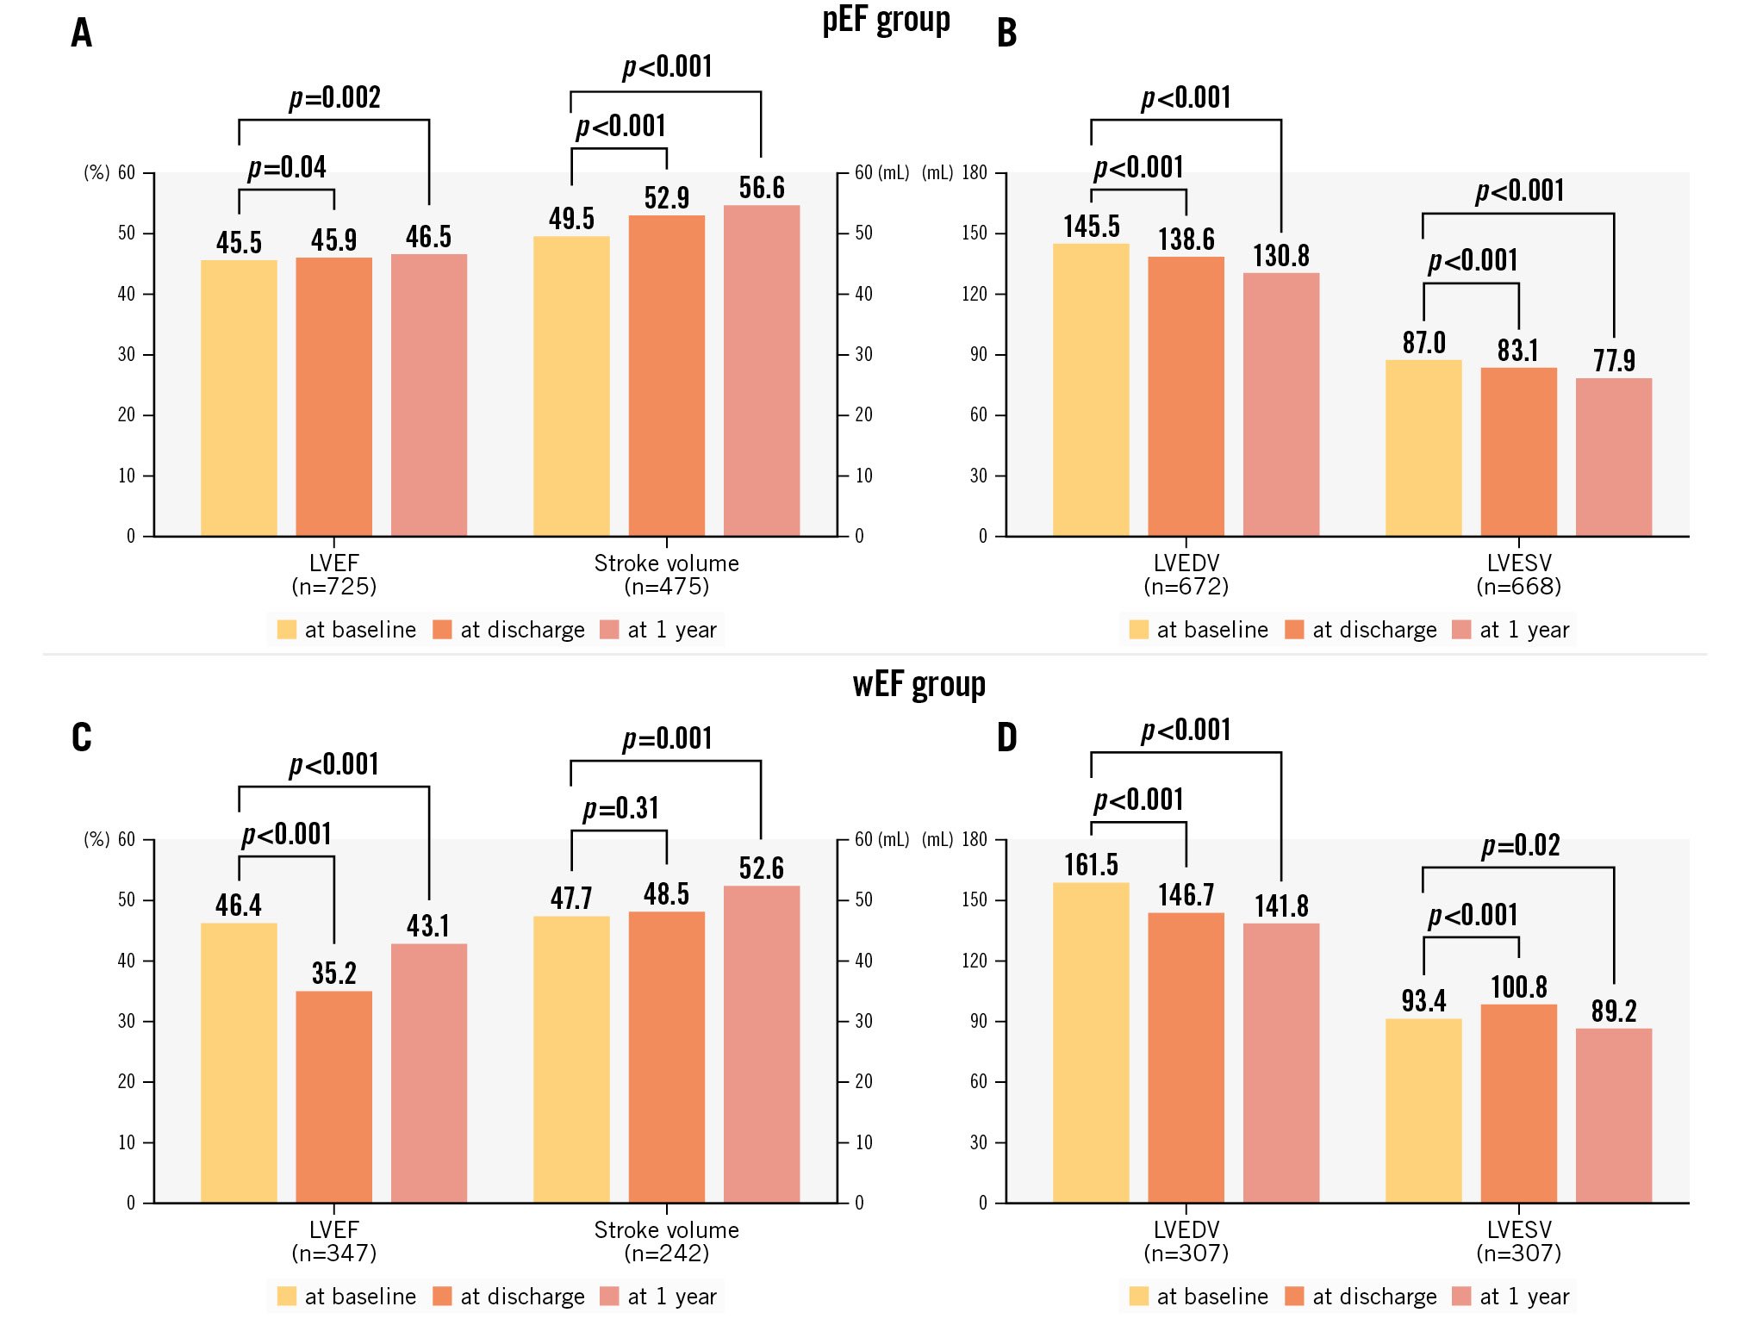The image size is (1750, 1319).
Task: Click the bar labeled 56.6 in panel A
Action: pos(761,370)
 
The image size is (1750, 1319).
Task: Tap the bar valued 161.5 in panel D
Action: pos(1091,1042)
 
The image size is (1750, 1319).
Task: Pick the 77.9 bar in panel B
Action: pos(1613,457)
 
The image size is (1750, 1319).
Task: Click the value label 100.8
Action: pos(1518,987)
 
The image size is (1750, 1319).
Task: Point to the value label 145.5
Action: pos(1091,227)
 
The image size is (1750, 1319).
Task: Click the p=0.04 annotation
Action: pos(287,167)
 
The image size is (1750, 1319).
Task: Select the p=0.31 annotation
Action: pos(620,808)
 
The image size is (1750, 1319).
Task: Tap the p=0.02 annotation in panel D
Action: pos(1520,845)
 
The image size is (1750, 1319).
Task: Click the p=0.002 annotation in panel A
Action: pos(334,98)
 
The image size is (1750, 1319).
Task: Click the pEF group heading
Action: pos(886,21)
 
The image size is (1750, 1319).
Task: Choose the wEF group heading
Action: pos(919,685)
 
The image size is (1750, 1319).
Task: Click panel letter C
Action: pos(82,737)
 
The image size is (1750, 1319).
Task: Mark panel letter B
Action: pos(1006,33)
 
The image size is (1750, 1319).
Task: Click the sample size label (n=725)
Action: pos(333,587)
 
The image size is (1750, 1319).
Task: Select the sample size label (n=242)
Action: pos(666,1254)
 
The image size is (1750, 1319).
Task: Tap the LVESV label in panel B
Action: pos(1518,563)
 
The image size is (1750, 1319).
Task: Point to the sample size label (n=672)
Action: pos(1186,587)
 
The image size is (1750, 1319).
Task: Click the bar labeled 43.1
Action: pos(428,1073)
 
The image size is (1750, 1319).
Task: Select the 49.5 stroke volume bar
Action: pos(570,386)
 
